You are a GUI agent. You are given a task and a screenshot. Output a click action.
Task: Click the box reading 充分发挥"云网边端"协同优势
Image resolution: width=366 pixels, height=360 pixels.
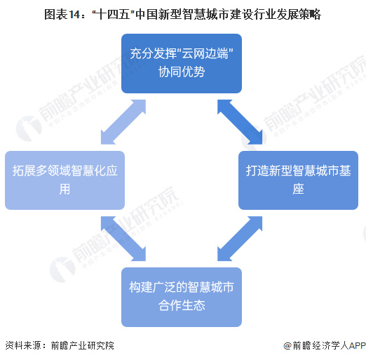[182, 63]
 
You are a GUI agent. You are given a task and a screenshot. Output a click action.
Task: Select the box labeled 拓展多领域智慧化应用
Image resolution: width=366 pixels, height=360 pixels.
[65, 180]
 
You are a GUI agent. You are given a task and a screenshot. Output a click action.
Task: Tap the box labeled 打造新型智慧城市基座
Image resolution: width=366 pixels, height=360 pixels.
[298, 180]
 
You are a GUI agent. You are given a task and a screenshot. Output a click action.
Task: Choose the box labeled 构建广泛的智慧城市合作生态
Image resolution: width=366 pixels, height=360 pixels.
[182, 297]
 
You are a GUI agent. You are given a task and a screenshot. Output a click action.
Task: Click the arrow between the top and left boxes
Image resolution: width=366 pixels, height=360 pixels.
[123, 122]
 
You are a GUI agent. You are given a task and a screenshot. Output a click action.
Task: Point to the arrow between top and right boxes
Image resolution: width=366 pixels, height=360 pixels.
[240, 122]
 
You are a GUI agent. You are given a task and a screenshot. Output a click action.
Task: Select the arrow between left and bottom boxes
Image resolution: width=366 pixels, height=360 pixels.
[123, 239]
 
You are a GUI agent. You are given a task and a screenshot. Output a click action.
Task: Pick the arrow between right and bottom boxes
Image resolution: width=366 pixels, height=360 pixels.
[240, 239]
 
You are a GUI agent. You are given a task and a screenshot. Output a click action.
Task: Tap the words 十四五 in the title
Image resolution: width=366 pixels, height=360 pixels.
[113, 15]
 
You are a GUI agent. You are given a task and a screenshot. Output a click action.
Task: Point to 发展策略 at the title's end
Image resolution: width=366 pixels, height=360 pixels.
[299, 15]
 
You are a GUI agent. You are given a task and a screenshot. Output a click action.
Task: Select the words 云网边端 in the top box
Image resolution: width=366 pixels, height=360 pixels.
[205, 54]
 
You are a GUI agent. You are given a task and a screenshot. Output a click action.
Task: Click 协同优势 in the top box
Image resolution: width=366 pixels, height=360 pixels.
[182, 72]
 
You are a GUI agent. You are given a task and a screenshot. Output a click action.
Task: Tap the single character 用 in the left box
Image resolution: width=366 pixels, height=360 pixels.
[65, 189]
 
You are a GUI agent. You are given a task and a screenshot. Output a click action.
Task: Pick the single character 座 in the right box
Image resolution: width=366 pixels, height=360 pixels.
[298, 189]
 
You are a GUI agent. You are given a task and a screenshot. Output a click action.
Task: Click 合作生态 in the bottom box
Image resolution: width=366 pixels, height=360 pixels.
[182, 305]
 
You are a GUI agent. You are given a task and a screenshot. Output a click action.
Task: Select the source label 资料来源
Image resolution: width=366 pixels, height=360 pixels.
[23, 345]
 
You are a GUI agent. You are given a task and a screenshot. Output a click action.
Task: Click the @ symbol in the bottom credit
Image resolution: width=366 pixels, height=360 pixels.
[287, 345]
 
